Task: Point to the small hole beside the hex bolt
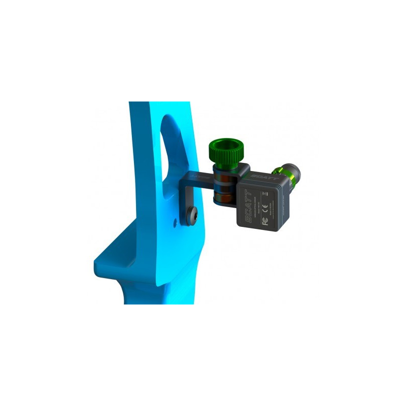(x=176, y=221)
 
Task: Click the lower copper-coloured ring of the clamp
(x=222, y=193)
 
